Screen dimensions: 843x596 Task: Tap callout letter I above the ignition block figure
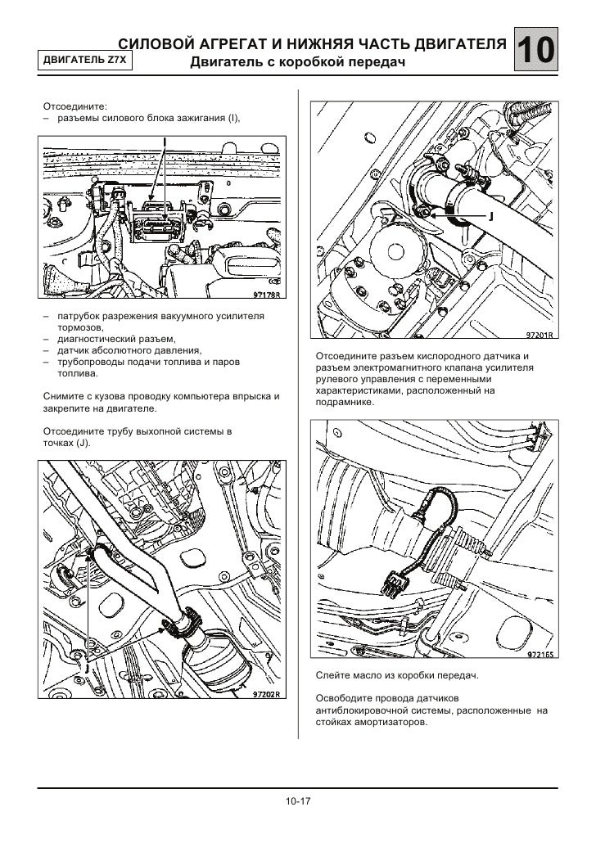coord(165,142)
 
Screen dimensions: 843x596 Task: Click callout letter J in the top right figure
coord(490,215)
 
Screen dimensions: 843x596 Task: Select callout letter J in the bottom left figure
coord(84,667)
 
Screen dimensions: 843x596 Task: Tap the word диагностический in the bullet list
coord(99,339)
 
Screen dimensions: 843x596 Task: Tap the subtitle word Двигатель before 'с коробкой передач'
coord(225,62)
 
